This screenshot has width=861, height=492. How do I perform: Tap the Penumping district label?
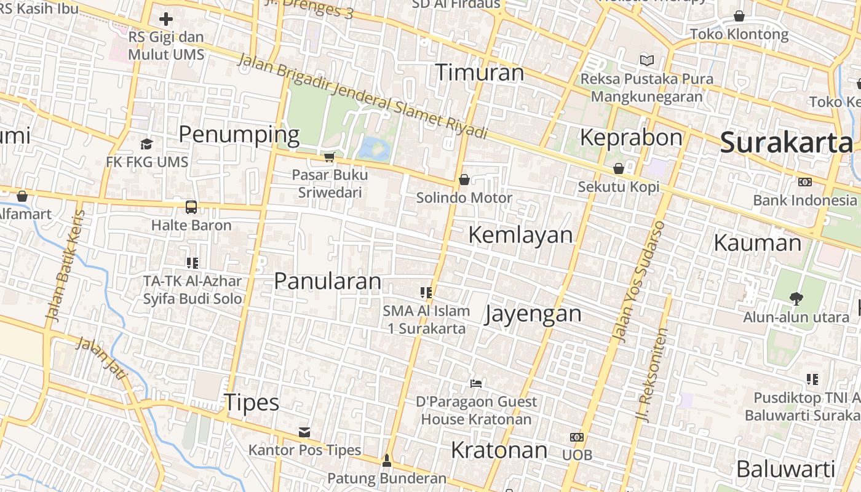(x=239, y=134)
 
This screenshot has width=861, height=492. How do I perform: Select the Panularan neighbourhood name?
(x=327, y=281)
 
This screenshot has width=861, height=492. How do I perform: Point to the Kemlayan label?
(x=520, y=234)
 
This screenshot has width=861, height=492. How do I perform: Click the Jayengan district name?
(x=533, y=314)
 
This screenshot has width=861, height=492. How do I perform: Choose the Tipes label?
(x=252, y=403)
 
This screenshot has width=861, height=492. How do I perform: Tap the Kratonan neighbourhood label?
(x=499, y=450)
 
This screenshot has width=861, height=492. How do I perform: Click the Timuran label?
(x=480, y=73)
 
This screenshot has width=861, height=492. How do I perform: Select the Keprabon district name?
(x=631, y=137)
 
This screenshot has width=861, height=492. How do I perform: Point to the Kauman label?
(x=757, y=243)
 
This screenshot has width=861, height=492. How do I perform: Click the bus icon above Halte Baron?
(x=191, y=207)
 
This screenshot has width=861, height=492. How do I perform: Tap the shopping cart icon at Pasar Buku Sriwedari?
(x=329, y=157)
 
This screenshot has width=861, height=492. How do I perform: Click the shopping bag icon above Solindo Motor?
(x=464, y=180)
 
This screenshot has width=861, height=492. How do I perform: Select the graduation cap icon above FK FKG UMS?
(x=146, y=144)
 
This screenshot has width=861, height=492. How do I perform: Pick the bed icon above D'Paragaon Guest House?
(x=475, y=384)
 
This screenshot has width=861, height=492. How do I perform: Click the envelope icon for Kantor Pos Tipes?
(x=304, y=432)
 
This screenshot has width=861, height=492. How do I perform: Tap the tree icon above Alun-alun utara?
(x=796, y=299)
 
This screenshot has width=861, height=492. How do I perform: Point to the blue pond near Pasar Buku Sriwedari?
(x=374, y=148)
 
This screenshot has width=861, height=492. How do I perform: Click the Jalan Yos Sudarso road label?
(x=640, y=281)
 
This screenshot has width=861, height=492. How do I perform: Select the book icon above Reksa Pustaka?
(x=646, y=60)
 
